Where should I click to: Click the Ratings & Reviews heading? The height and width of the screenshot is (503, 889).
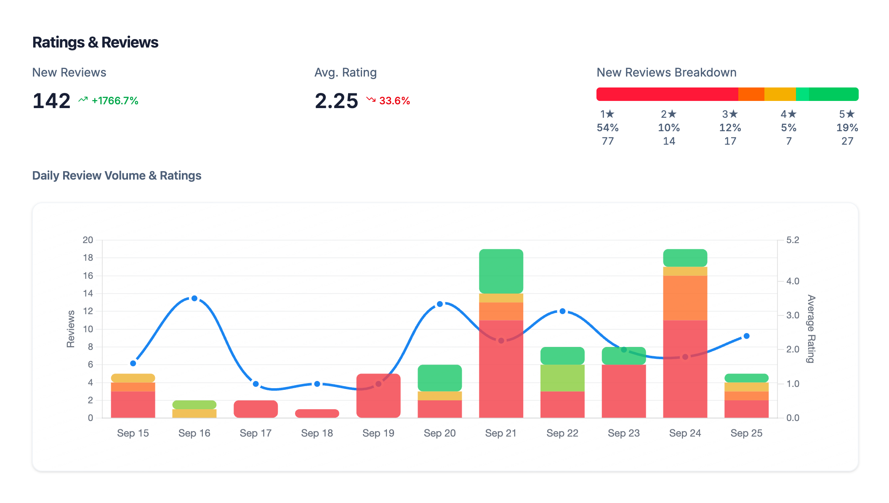pyautogui.click(x=95, y=42)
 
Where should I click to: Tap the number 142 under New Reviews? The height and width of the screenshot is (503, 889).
pyautogui.click(x=51, y=101)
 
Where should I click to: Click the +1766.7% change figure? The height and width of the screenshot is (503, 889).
pyautogui.click(x=115, y=101)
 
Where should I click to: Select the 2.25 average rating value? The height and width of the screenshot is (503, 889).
pyautogui.click(x=336, y=101)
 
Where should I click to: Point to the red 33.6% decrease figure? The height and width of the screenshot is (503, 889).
pyautogui.click(x=394, y=101)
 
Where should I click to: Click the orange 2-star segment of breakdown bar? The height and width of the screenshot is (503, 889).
pyautogui.click(x=751, y=94)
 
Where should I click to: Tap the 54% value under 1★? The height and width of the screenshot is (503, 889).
pyautogui.click(x=607, y=127)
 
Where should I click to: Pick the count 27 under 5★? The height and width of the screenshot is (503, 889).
pyautogui.click(x=847, y=141)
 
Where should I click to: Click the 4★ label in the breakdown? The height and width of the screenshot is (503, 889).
pyautogui.click(x=788, y=114)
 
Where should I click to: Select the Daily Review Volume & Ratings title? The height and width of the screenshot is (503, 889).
pyautogui.click(x=117, y=175)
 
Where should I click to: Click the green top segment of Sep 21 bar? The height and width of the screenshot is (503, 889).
pyautogui.click(x=501, y=271)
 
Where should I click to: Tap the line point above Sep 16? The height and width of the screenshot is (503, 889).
pyautogui.click(x=194, y=298)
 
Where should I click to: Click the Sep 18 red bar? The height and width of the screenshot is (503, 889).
pyautogui.click(x=317, y=413)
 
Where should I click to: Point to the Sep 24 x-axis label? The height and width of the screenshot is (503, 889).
pyautogui.click(x=685, y=433)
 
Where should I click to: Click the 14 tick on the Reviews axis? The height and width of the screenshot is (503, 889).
pyautogui.click(x=88, y=294)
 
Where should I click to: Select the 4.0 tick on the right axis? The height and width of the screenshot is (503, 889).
pyautogui.click(x=793, y=281)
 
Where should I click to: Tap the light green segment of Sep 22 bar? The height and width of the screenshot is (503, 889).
pyautogui.click(x=562, y=378)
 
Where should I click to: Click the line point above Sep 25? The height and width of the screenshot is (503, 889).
pyautogui.click(x=746, y=336)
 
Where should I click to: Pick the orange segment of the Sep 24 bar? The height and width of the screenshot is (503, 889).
pyautogui.click(x=685, y=298)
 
